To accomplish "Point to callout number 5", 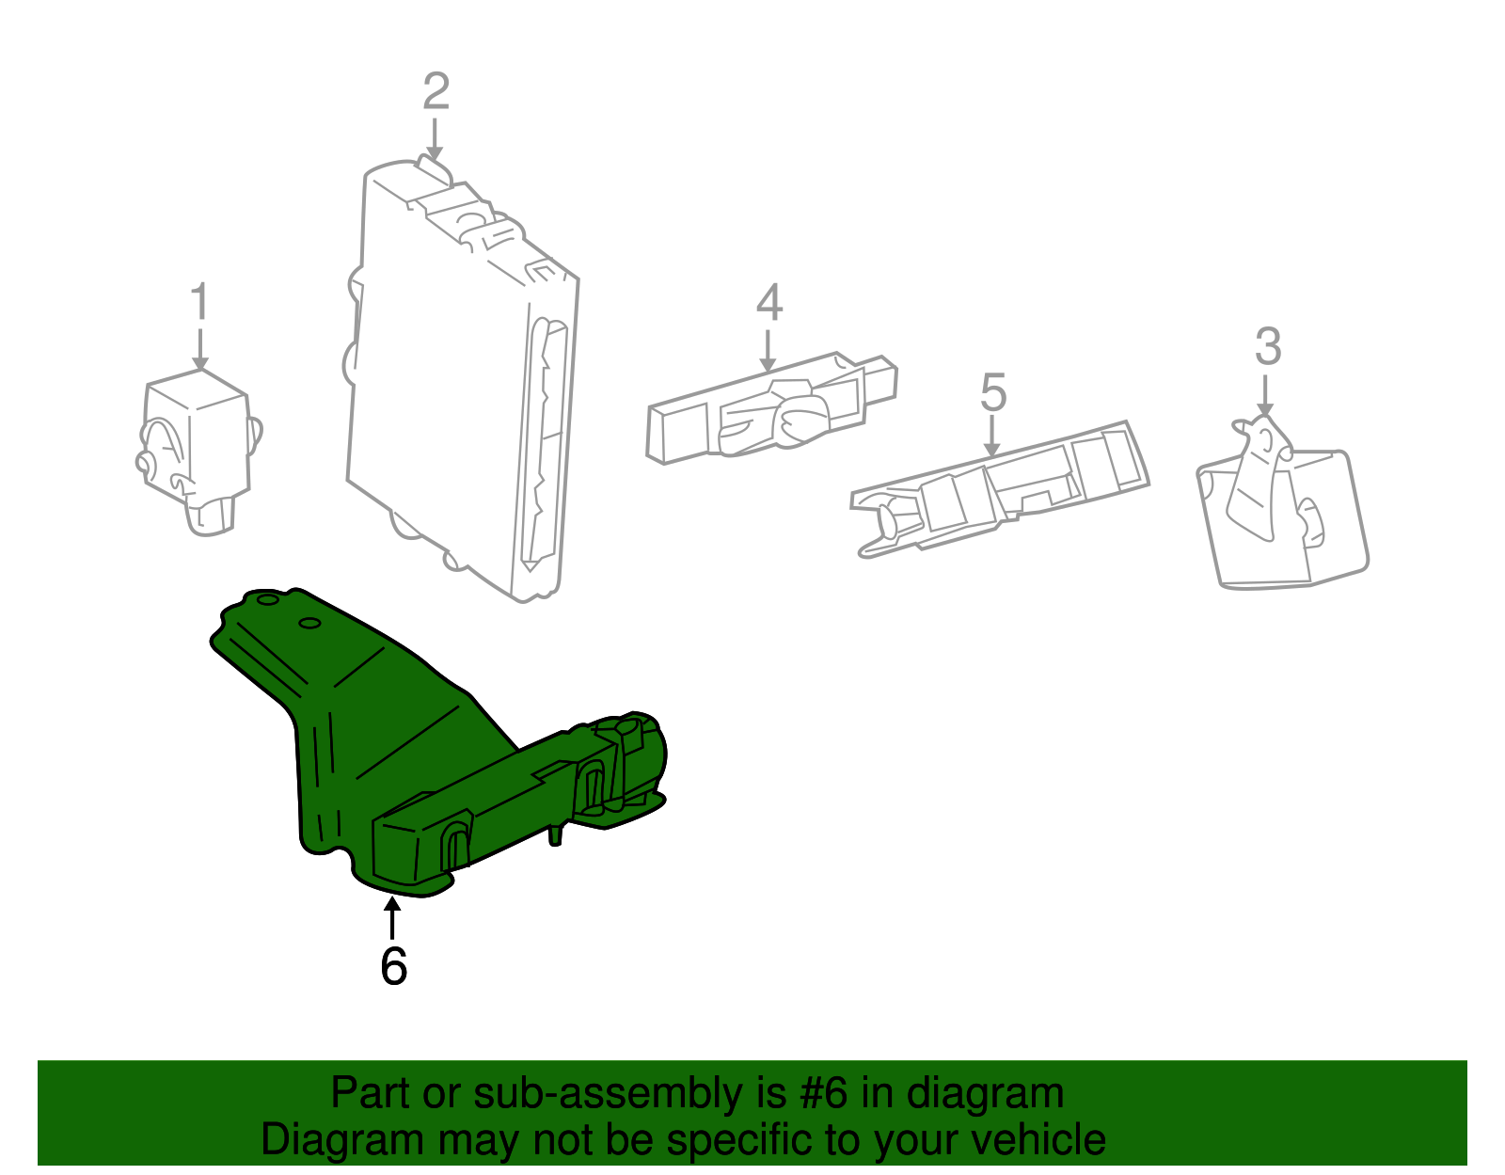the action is coord(992,392).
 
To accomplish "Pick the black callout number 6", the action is coord(393,965).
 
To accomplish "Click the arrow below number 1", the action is coord(200,349).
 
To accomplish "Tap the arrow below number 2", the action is coord(435,139).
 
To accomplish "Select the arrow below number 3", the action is coord(1265,395).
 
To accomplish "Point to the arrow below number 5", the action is coord(991,436).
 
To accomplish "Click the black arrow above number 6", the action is coord(392,917).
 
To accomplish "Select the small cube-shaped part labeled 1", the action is coord(198,450).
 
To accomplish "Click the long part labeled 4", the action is coord(770,407).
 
